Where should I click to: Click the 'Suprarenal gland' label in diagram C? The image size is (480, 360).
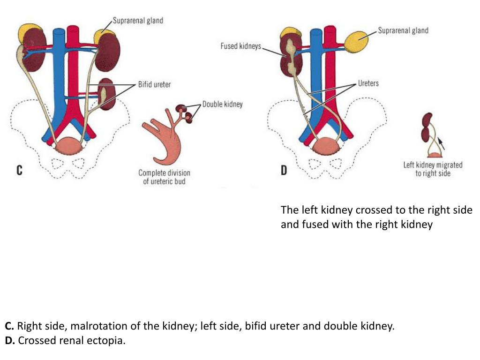138,21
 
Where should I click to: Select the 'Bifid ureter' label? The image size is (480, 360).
154,84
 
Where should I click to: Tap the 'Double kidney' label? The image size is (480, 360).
222,104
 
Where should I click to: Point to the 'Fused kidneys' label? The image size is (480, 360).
240,46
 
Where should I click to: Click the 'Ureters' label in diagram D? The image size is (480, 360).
368,83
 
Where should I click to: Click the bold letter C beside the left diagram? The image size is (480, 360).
19,171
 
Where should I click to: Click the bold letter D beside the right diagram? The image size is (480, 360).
284,171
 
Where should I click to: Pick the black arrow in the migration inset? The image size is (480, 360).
442,142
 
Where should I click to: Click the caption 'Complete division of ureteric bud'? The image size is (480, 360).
164,177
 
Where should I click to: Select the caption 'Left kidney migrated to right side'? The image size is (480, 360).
433,169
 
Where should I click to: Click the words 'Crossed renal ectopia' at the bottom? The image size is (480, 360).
72,340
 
